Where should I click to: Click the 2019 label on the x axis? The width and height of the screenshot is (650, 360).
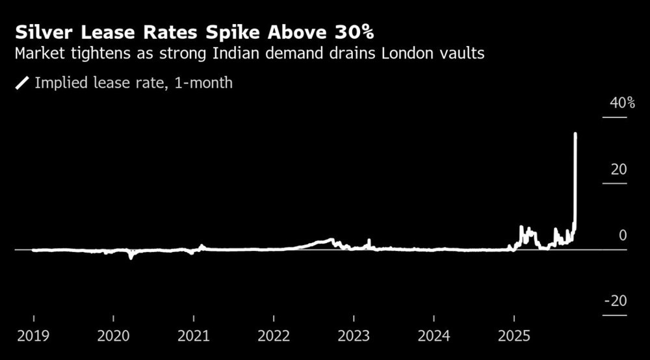(x=33, y=337)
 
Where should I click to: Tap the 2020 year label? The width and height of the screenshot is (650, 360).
(x=113, y=337)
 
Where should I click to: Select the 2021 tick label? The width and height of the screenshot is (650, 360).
(x=194, y=337)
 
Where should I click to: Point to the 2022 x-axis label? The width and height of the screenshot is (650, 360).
(x=274, y=337)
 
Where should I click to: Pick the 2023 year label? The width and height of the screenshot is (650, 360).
(x=354, y=337)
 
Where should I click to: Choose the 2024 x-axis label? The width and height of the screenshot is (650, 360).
(x=434, y=337)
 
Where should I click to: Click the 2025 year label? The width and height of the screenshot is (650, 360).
(x=514, y=337)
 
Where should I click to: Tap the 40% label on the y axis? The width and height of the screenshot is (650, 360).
(x=622, y=103)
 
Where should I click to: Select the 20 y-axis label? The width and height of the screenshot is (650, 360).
(x=619, y=170)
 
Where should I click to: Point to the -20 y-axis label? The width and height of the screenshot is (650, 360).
(x=616, y=301)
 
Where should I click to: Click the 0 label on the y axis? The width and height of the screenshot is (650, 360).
(x=623, y=235)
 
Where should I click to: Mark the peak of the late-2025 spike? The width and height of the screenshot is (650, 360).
(x=575, y=134)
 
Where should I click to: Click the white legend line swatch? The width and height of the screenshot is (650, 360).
(x=23, y=83)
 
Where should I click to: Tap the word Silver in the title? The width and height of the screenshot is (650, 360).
(x=42, y=32)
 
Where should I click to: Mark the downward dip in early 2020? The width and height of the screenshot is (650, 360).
(x=131, y=257)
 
